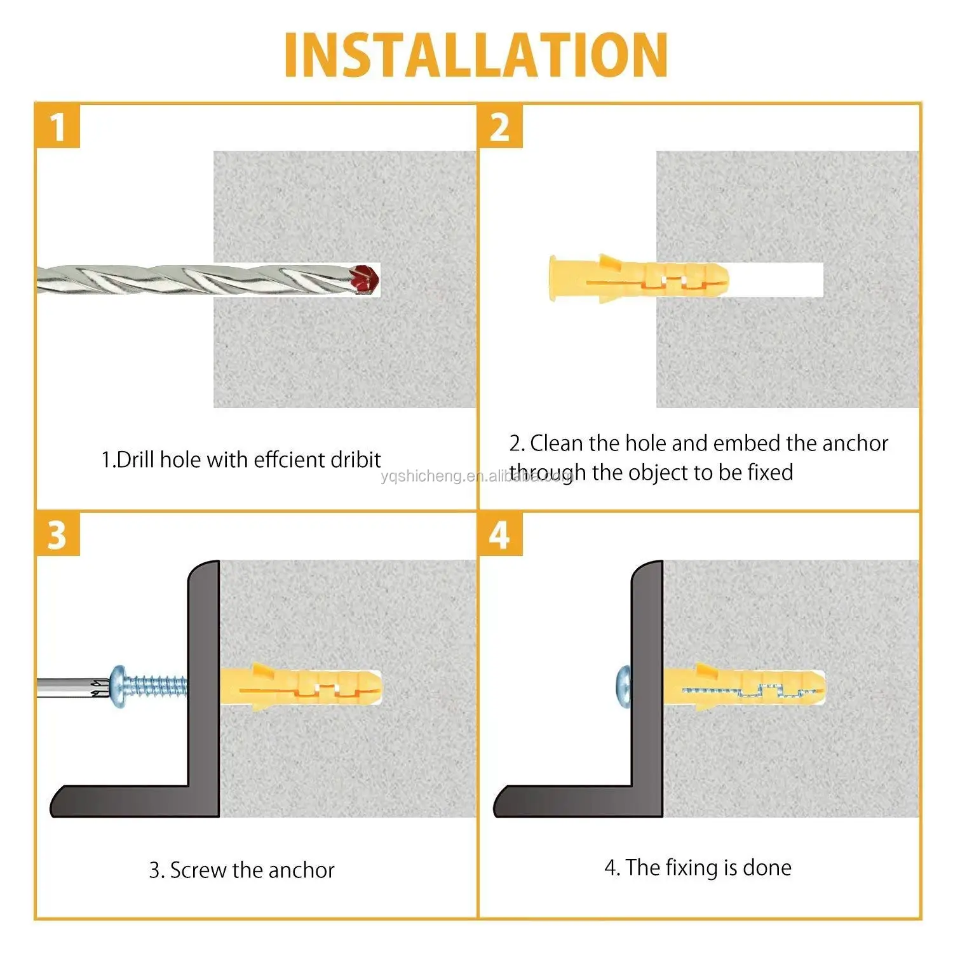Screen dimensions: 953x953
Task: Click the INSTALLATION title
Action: [476, 55]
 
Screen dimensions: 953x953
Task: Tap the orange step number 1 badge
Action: [58, 126]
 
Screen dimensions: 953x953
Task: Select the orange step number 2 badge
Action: [500, 126]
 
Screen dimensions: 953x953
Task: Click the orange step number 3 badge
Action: [58, 534]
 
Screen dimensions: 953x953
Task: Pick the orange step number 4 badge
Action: [500, 534]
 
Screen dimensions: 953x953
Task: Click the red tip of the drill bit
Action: [364, 279]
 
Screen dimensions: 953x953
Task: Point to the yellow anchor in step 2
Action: [639, 278]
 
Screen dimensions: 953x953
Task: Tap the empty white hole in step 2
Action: [776, 280]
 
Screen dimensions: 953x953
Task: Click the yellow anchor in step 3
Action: [300, 687]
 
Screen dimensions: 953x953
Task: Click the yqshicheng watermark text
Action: [476, 476]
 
